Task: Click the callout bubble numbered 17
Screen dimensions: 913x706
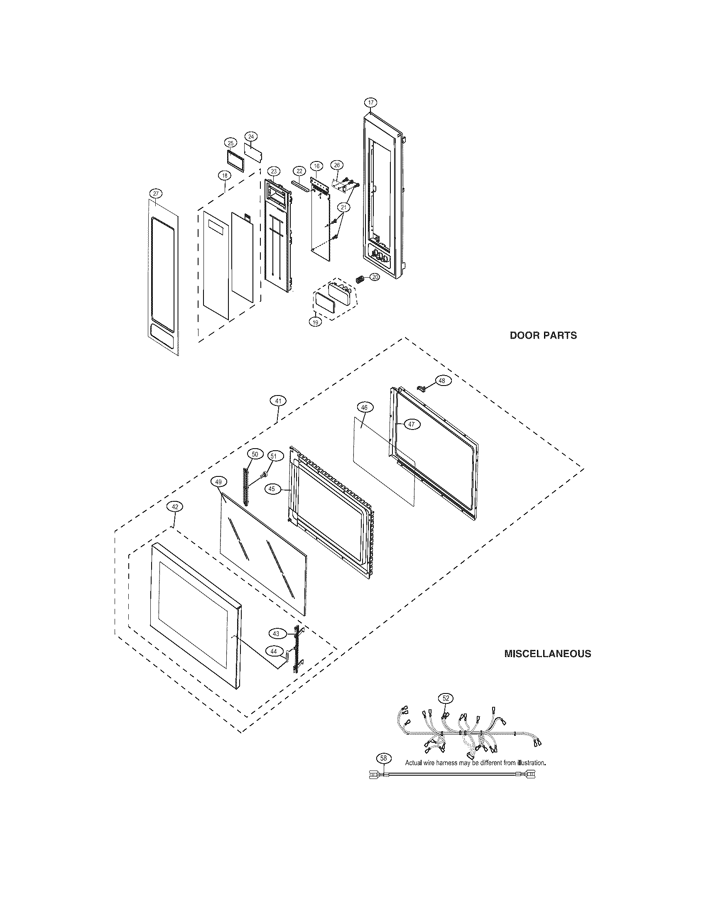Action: pyautogui.click(x=370, y=103)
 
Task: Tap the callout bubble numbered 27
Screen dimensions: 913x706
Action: pyautogui.click(x=155, y=193)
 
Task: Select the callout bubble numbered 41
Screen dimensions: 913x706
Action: pyautogui.click(x=278, y=401)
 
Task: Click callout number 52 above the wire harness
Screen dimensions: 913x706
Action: pyautogui.click(x=446, y=698)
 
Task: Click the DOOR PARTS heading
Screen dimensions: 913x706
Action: pyautogui.click(x=543, y=335)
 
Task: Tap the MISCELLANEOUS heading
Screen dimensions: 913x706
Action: pyautogui.click(x=547, y=654)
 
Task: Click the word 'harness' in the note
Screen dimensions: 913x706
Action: pyautogui.click(x=448, y=762)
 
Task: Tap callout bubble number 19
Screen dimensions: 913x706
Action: pyautogui.click(x=315, y=322)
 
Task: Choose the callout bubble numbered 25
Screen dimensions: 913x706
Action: pyautogui.click(x=230, y=143)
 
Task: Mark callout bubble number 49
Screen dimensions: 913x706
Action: pyautogui.click(x=218, y=482)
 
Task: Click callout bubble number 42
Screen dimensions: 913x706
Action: pyautogui.click(x=175, y=506)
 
